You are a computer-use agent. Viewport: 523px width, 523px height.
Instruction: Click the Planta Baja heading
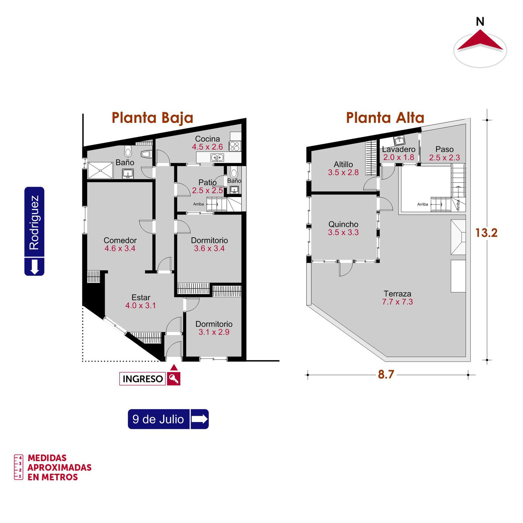tap(152, 118)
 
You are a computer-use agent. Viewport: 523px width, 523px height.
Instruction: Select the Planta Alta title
tap(385, 118)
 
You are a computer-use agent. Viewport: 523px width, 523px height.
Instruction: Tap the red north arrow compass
tap(480, 41)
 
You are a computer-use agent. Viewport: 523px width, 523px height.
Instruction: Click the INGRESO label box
tap(143, 379)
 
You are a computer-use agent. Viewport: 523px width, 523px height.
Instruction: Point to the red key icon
tap(174, 379)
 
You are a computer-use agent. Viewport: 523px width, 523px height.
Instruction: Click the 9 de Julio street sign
tap(168, 419)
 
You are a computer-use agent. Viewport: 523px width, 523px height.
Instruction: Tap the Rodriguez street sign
tap(34, 231)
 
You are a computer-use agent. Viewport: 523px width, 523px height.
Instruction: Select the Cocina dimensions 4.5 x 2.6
tap(208, 147)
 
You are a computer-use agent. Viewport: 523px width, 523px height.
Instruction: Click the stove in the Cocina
tap(235, 146)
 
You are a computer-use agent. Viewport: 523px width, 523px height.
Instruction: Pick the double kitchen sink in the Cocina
tap(217, 158)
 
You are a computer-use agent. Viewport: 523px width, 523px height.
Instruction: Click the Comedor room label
tap(120, 240)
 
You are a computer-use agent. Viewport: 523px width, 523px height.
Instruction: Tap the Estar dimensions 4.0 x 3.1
tap(141, 306)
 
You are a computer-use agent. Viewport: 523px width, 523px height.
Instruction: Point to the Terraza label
tap(397, 294)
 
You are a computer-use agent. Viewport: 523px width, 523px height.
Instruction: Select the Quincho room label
tap(343, 225)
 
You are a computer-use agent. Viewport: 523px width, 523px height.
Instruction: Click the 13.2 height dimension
tap(486, 233)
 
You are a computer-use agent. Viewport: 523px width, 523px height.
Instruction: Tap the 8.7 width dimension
tap(386, 375)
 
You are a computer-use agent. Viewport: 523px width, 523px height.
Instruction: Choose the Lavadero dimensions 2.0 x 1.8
tap(399, 157)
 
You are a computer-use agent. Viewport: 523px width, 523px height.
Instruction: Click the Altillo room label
tap(343, 164)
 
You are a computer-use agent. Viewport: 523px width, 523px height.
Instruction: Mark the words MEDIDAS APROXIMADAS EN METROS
tap(59, 467)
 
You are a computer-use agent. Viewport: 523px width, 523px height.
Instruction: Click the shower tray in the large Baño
tap(100, 170)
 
